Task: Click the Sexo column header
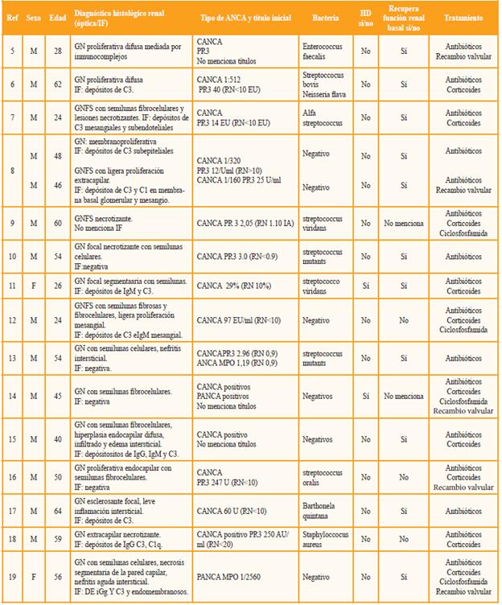coord(33,17)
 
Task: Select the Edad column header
coord(56,17)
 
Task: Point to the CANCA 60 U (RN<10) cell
coord(231,509)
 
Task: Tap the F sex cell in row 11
coord(33,285)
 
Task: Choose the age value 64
coord(56,509)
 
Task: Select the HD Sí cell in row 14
coord(366,395)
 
